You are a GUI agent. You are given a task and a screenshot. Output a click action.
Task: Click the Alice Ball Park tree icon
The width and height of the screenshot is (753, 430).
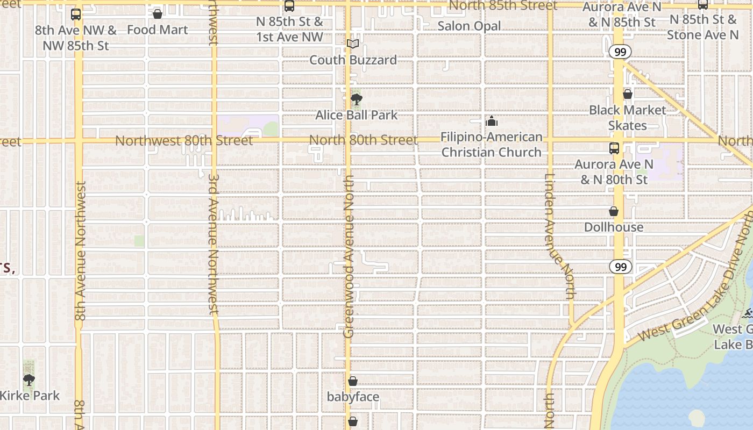click(x=356, y=99)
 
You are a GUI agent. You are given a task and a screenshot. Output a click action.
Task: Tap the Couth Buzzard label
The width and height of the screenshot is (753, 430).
click(x=353, y=60)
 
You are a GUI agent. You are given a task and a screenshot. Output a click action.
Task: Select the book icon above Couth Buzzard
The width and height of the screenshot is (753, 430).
click(x=353, y=44)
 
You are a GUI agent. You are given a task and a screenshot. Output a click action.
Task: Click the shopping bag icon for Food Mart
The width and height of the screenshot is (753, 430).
click(x=158, y=14)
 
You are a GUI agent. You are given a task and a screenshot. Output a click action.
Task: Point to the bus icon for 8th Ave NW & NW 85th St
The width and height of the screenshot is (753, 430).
click(x=76, y=15)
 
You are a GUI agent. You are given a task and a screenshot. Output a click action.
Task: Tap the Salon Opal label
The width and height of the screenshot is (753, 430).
click(x=469, y=26)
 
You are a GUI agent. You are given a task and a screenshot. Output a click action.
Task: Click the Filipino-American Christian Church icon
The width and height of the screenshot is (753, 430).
click(x=492, y=121)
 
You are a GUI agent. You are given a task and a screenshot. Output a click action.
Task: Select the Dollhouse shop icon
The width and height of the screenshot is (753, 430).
click(x=614, y=212)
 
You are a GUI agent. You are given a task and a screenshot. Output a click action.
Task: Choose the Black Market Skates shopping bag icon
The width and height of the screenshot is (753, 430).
click(x=627, y=95)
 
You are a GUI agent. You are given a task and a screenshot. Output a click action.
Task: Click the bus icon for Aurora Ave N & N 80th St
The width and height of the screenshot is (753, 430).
click(x=614, y=148)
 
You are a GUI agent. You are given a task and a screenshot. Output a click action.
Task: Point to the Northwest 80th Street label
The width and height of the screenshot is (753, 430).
click(x=184, y=141)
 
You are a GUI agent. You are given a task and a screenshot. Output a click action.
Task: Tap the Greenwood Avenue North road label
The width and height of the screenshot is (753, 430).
click(x=349, y=257)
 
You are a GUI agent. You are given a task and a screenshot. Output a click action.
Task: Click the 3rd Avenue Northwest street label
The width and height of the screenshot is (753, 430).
click(x=214, y=243)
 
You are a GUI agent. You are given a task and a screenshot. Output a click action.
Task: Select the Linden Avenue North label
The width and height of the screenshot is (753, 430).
click(x=559, y=236)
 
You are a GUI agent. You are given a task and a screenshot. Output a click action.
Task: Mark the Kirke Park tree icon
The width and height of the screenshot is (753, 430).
click(x=29, y=380)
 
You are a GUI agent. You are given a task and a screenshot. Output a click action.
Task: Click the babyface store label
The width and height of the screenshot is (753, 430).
click(x=353, y=397)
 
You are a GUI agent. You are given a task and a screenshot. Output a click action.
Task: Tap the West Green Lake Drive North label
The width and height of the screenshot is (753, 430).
click(x=694, y=301)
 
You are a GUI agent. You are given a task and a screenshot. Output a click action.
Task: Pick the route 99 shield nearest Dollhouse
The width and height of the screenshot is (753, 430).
click(x=620, y=267)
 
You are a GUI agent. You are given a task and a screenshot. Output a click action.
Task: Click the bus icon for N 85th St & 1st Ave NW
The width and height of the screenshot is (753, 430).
click(x=289, y=6)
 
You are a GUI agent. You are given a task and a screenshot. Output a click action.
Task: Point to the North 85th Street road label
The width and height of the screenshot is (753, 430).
click(x=503, y=6)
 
